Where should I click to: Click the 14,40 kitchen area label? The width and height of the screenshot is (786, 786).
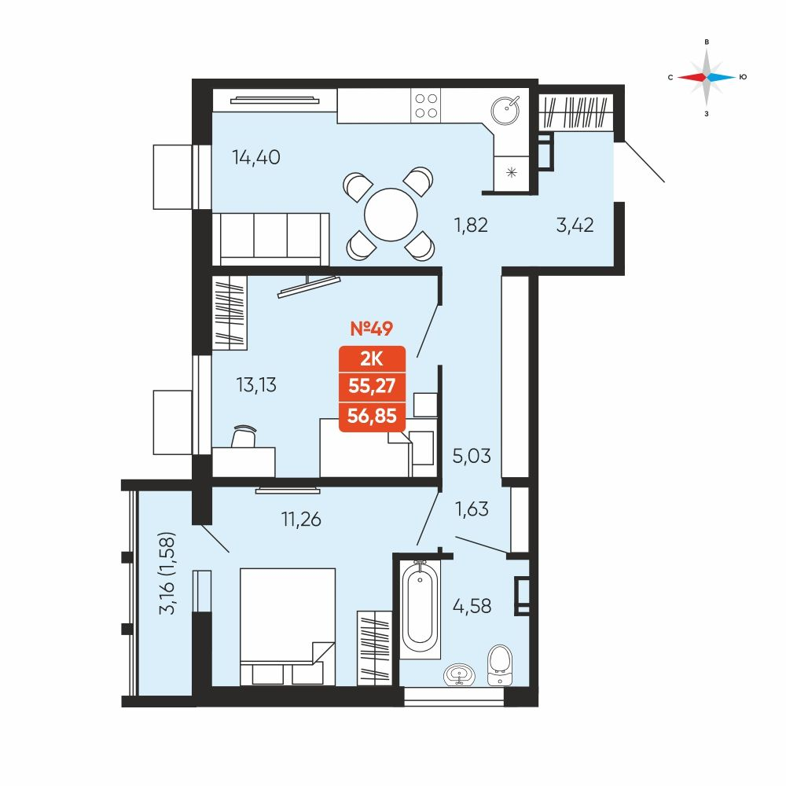[255, 157]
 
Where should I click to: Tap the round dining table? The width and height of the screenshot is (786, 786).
[391, 215]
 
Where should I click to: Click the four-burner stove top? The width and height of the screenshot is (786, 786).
[425, 106]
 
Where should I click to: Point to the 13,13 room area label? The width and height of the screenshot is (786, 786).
[256, 385]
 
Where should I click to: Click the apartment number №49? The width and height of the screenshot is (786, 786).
[372, 329]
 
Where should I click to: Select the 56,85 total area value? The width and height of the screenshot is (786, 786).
[372, 416]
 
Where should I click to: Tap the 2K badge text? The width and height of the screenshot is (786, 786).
[372, 359]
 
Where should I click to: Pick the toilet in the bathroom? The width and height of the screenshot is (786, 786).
[500, 665]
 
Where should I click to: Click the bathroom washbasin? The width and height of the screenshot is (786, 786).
[460, 674]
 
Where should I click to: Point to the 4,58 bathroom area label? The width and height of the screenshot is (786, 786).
[472, 606]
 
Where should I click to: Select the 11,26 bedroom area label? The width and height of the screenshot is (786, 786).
[301, 520]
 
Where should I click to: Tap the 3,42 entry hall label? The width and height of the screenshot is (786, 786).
[575, 225]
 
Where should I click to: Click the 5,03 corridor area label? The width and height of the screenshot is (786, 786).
[472, 456]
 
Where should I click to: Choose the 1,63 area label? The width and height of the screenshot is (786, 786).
[472, 509]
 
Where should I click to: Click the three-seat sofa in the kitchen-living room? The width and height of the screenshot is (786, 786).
[270, 239]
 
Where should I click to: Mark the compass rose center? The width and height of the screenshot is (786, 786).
[707, 77]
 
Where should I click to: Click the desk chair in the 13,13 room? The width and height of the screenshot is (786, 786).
[244, 436]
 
